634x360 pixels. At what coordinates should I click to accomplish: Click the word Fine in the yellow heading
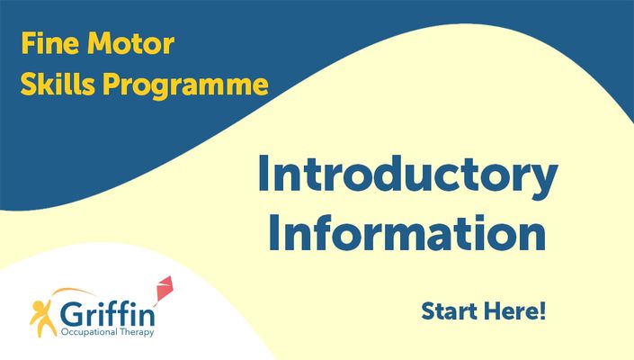[50, 43]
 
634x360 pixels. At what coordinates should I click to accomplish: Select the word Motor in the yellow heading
[131, 43]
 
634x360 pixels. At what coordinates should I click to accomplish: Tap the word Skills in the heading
[58, 84]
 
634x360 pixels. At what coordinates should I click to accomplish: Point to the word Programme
[185, 85]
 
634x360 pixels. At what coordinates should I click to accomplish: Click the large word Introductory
[408, 175]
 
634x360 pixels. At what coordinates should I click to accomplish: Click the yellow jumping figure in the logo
[42, 319]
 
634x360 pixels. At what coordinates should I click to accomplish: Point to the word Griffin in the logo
[107, 314]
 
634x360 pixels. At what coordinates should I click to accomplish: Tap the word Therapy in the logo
[138, 332]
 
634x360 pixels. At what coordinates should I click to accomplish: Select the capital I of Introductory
[263, 173]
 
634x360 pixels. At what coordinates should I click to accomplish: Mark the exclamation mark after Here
[542, 311]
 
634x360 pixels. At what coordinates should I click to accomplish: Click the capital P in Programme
[111, 84]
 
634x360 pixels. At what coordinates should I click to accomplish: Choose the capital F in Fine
[28, 43]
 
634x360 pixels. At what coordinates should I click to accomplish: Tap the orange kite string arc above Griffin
[73, 290]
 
